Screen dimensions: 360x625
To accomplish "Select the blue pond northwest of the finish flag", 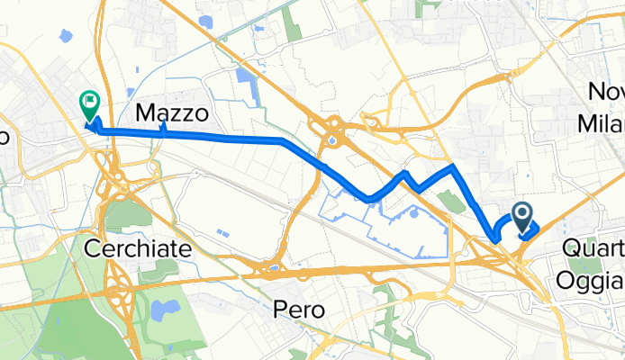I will point(65,37).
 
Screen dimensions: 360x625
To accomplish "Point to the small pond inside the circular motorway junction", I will point(332,139).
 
